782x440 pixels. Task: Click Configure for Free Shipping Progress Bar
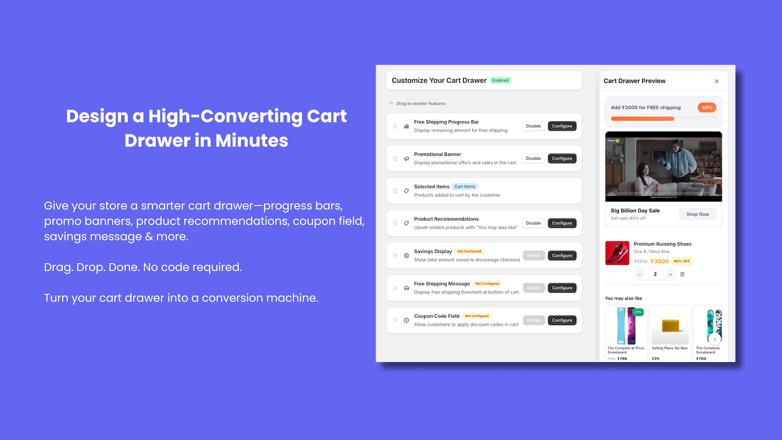click(x=562, y=126)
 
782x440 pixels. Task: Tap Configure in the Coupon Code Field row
click(x=562, y=320)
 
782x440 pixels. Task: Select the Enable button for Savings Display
click(x=534, y=256)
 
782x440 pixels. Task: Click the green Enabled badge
click(x=500, y=81)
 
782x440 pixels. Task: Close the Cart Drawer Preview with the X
click(x=717, y=82)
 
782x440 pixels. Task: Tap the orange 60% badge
click(x=707, y=108)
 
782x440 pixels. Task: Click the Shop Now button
click(x=697, y=214)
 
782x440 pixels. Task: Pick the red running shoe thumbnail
click(x=617, y=253)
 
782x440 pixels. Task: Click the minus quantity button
click(x=640, y=274)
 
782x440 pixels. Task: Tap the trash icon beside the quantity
click(x=682, y=274)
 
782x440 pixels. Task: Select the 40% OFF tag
click(x=682, y=261)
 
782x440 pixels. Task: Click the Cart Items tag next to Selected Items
click(x=465, y=187)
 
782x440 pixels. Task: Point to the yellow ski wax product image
click(x=670, y=325)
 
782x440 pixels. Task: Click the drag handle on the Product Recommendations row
click(x=395, y=223)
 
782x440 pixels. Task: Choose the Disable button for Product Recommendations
click(x=533, y=223)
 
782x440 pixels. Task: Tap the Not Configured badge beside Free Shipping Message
click(x=487, y=284)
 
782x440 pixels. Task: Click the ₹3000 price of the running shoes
click(x=659, y=261)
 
